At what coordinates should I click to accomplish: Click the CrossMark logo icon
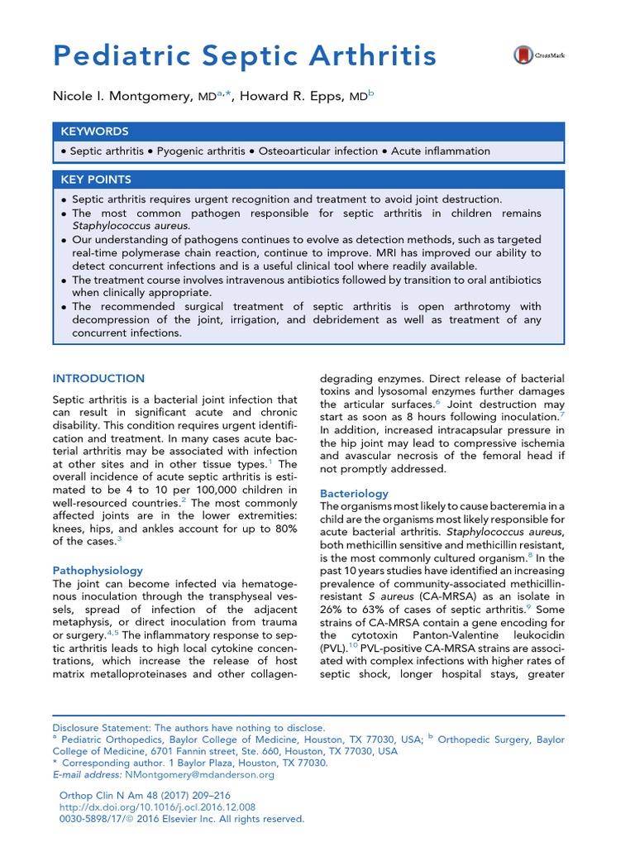point(524,55)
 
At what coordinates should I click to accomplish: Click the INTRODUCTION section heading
point(98,378)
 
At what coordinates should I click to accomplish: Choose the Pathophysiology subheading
point(98,571)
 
